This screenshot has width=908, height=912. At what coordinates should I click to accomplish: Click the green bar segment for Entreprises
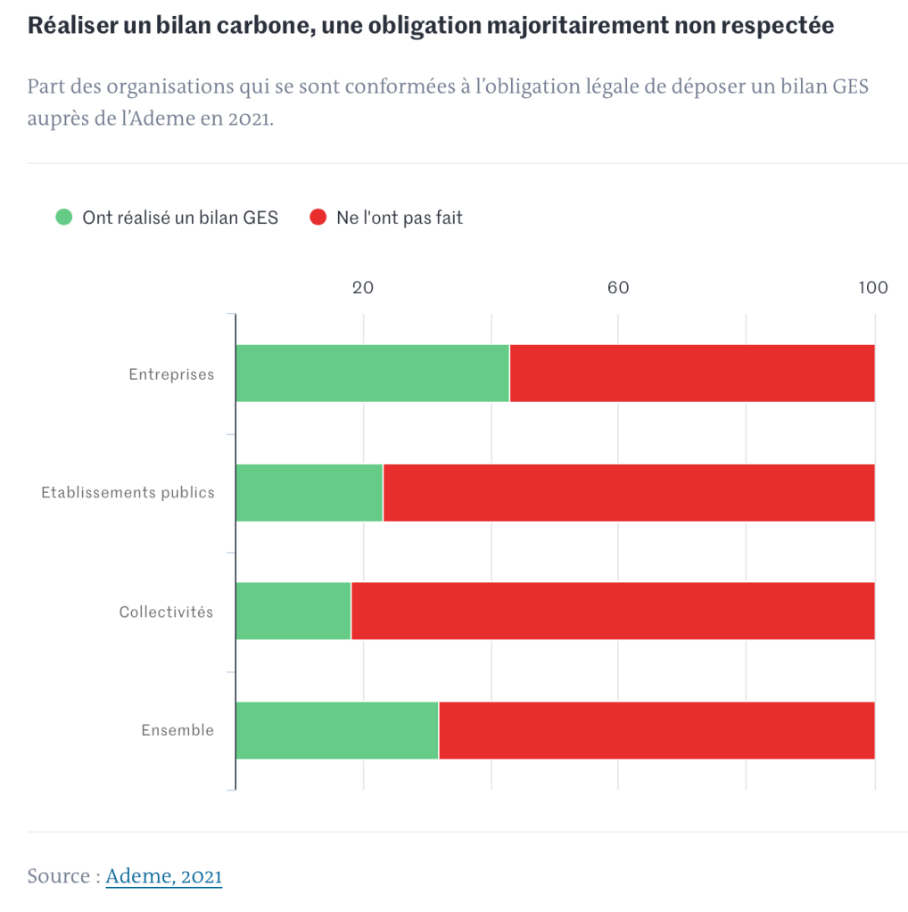coord(372,373)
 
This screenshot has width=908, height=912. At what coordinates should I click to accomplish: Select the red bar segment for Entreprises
coord(691,373)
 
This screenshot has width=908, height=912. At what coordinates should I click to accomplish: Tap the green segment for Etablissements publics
coord(309,492)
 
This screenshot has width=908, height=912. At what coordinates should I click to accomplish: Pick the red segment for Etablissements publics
coord(628,492)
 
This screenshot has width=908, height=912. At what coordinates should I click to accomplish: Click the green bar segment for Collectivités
coord(293,611)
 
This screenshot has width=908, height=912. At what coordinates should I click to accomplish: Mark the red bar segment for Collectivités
coord(613,611)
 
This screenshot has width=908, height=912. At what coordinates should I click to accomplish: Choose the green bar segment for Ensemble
coord(337,730)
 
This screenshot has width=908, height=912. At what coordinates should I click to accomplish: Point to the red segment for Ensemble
coord(656,730)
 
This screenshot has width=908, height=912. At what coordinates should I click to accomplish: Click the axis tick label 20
coord(362,287)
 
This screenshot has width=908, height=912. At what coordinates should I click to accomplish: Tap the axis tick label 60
coord(618,287)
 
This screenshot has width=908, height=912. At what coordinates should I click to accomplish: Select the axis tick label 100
coord(873,287)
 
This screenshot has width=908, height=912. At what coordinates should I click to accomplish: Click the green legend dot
coord(63,217)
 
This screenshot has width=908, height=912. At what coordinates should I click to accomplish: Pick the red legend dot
coord(318,217)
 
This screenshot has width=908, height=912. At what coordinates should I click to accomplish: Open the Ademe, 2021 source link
coord(163,876)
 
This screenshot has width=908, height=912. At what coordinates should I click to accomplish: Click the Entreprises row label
coord(171,374)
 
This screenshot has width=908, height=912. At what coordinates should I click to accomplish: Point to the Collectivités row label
coord(167,612)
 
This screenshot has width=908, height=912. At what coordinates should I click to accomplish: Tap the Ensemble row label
coord(177,730)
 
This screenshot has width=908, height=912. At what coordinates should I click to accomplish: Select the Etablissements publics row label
coord(128,492)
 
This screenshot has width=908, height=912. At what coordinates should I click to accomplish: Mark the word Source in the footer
coord(58,876)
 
